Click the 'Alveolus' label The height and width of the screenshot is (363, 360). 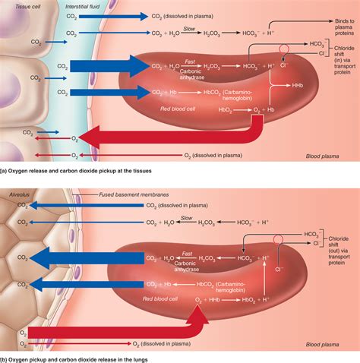[17, 194]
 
